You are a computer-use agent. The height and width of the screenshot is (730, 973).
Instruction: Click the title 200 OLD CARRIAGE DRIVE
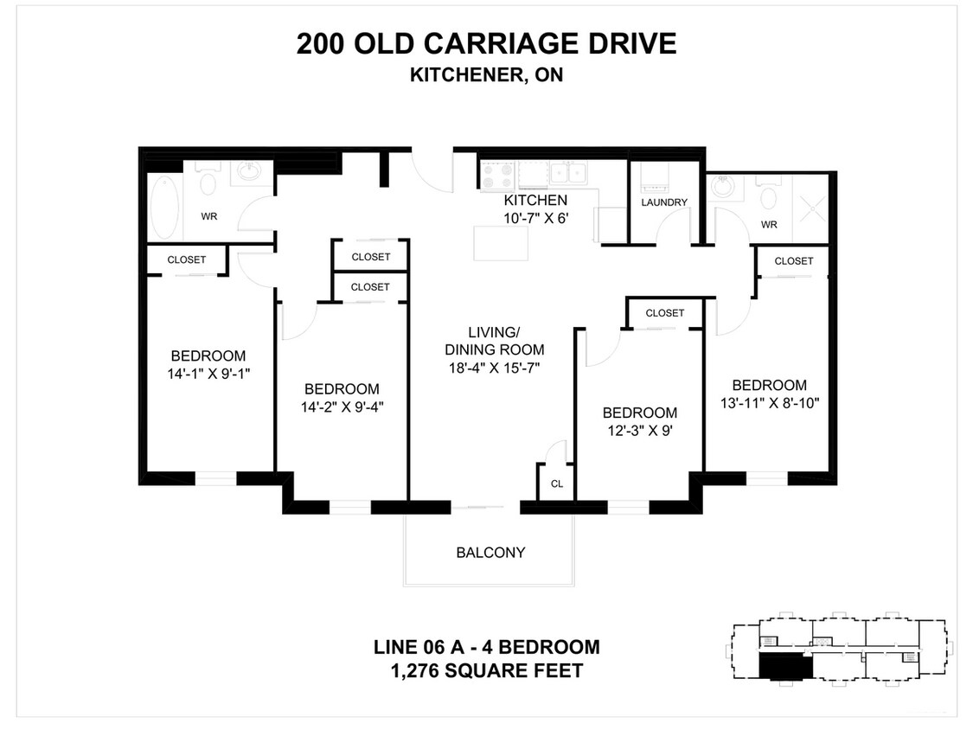(486, 43)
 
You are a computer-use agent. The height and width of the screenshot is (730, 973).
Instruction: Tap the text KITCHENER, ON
(486, 74)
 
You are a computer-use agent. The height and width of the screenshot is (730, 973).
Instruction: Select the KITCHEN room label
(535, 202)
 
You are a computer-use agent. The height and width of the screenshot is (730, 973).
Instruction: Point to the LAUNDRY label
(664, 202)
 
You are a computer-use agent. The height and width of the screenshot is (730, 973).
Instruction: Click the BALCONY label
(490, 553)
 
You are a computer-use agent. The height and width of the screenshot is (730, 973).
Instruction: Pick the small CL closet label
(557, 483)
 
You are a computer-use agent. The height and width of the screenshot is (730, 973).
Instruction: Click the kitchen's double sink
(567, 174)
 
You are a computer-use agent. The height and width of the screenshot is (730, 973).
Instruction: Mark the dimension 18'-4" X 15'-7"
(494, 368)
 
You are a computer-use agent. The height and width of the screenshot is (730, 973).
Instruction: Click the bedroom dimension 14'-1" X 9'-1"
(208, 373)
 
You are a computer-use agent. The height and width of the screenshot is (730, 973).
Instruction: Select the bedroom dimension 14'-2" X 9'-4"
(341, 407)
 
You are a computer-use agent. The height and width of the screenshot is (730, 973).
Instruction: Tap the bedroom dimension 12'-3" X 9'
(639, 430)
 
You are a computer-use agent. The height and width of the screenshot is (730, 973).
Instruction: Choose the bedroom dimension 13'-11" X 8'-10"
(769, 402)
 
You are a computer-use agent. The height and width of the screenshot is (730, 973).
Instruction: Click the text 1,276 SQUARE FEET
(486, 670)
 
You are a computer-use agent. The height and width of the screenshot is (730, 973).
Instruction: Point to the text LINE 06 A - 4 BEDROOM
(486, 647)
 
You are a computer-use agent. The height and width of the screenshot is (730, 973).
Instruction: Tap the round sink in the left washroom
(251, 173)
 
